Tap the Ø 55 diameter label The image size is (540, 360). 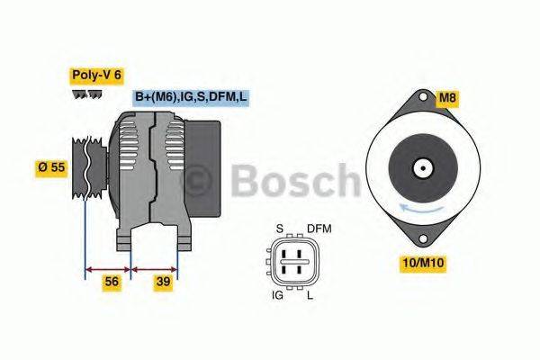(x=51, y=168)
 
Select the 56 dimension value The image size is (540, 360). (x=111, y=282)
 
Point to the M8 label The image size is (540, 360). (x=447, y=98)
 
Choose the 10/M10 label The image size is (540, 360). (x=422, y=263)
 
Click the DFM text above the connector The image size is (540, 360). (x=319, y=229)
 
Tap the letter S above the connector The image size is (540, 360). (x=279, y=229)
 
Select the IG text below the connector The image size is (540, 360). (x=279, y=294)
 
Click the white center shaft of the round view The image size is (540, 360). (x=420, y=168)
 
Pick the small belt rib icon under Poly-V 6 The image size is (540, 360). (x=87, y=94)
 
